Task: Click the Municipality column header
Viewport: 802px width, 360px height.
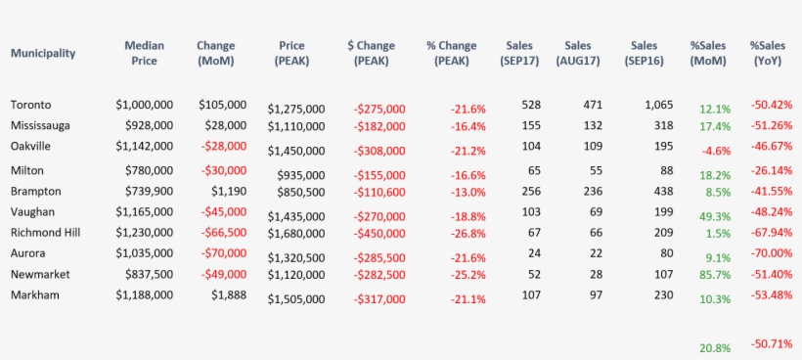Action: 43,54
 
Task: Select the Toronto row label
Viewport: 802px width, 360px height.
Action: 31,105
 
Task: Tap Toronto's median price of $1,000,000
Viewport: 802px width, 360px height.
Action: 145,105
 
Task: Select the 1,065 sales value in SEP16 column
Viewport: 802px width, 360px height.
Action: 659,105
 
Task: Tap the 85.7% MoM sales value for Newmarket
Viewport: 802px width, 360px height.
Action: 714,279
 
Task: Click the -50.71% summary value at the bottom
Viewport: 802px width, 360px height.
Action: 771,345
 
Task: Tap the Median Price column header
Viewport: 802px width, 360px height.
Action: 144,53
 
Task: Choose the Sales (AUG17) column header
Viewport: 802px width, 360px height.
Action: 578,53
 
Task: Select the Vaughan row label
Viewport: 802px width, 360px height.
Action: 32,211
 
